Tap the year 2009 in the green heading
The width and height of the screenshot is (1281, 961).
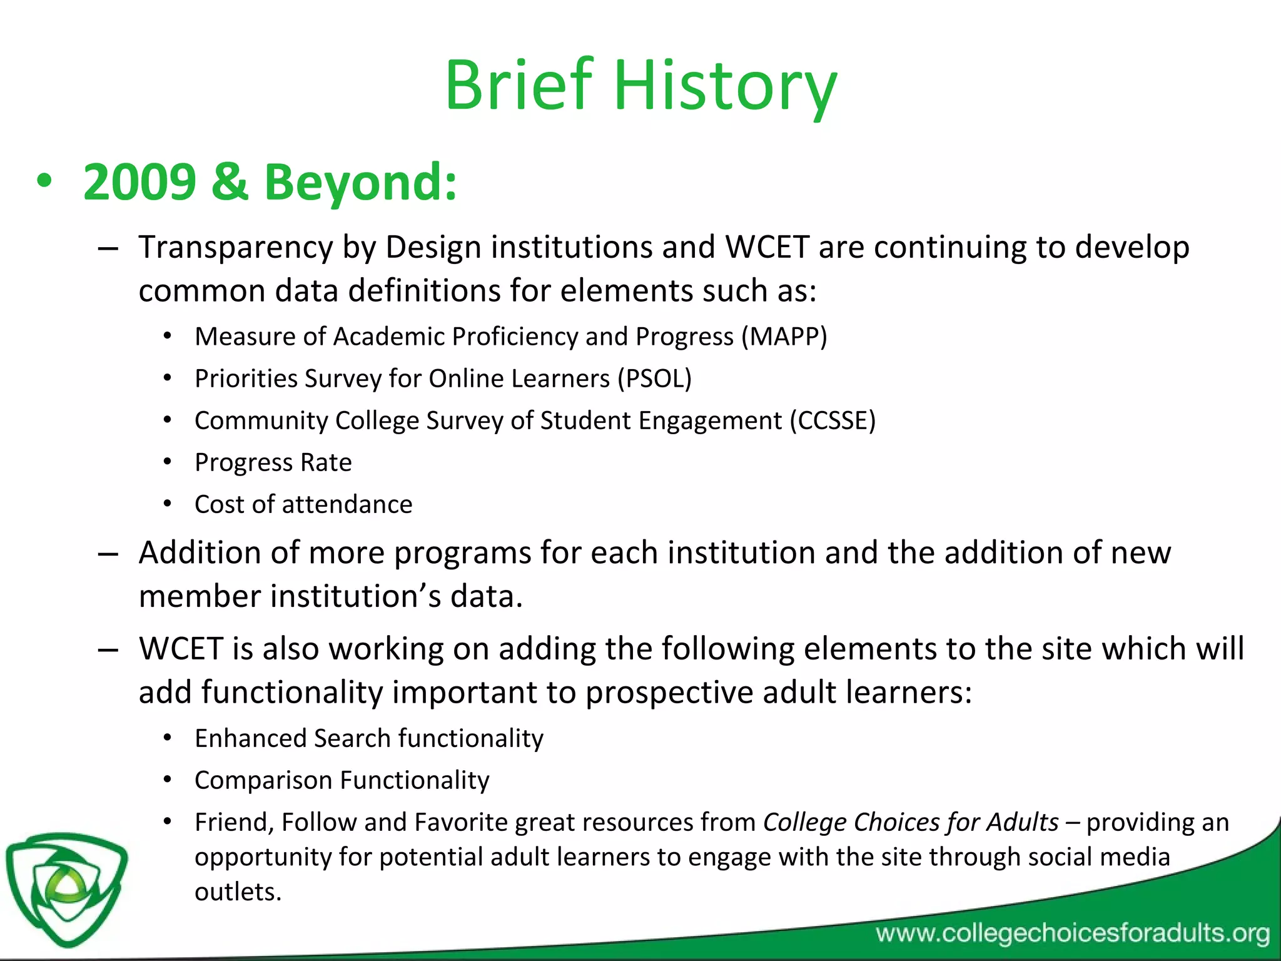[139, 182]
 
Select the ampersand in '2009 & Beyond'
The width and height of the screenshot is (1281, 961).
[230, 182]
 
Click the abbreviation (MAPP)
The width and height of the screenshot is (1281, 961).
[784, 337]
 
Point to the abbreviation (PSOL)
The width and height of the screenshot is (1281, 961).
[654, 379]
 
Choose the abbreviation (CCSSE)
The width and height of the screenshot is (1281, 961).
[833, 420]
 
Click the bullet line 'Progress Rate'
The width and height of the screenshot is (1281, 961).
[273, 462]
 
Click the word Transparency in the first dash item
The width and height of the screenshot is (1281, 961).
[236, 247]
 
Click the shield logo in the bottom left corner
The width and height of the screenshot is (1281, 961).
[66, 888]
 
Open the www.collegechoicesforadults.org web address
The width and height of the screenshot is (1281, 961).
[1072, 933]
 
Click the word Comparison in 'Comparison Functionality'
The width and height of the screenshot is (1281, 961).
[263, 780]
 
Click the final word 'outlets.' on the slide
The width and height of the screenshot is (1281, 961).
[238, 892]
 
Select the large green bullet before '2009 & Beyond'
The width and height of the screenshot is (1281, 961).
[44, 182]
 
